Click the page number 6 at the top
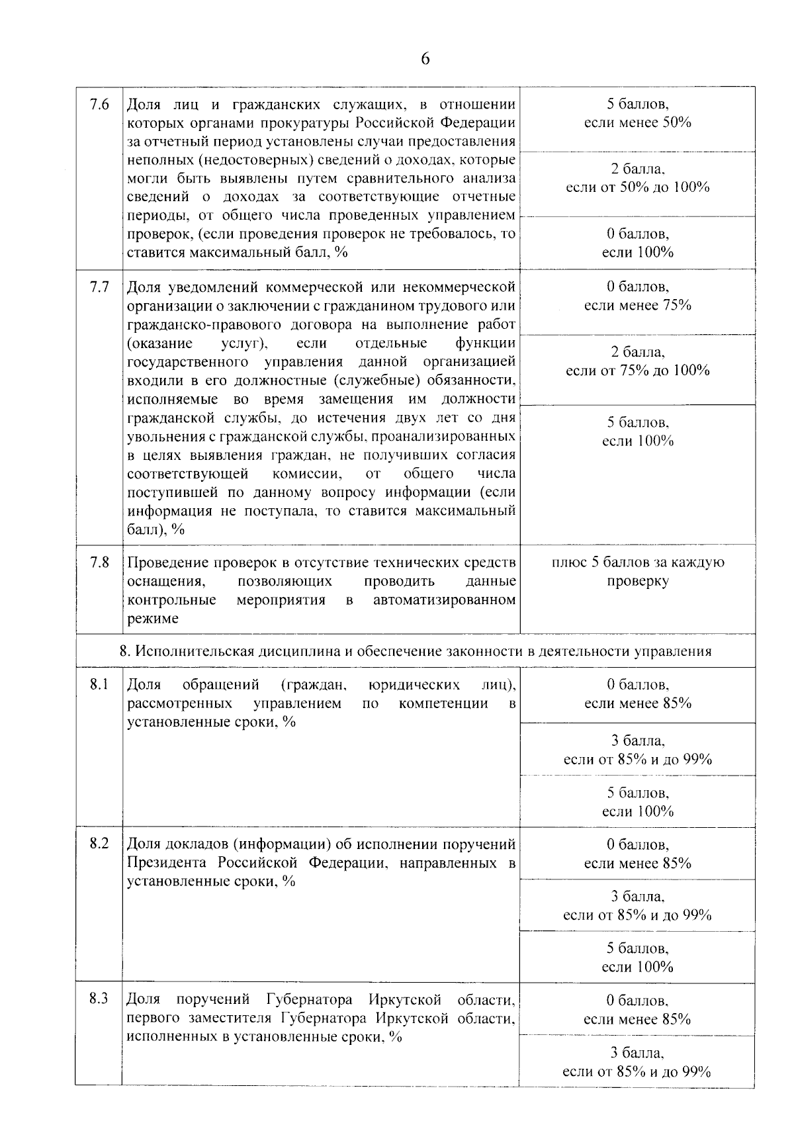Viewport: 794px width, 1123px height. (425, 59)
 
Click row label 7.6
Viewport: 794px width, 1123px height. (99, 105)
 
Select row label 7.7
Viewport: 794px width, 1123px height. (99, 287)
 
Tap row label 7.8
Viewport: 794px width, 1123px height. (99, 562)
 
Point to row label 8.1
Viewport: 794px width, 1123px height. (99, 684)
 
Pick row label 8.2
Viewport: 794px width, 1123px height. (99, 844)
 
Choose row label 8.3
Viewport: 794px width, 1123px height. (99, 999)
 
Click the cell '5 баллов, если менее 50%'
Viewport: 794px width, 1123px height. (637, 113)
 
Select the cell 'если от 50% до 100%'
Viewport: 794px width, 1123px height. (637, 187)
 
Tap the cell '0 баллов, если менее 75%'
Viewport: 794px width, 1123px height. (637, 296)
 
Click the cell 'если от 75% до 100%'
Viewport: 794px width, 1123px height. (637, 371)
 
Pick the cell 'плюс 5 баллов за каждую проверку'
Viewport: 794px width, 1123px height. (637, 572)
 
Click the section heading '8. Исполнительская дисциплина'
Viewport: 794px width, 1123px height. (415, 651)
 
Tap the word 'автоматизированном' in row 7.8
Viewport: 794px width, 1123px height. (444, 600)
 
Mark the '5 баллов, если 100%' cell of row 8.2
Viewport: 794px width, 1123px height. (637, 958)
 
